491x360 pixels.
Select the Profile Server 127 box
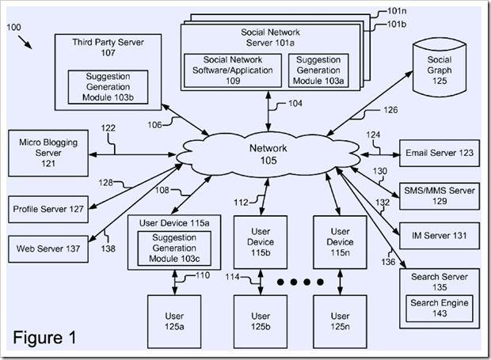[48, 209]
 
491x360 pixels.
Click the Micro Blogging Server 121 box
[48, 153]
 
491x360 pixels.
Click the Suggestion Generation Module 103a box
[320, 70]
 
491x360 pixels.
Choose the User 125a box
[171, 320]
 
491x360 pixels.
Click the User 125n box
[340, 320]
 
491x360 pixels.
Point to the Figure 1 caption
[45, 338]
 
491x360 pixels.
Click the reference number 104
[294, 104]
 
